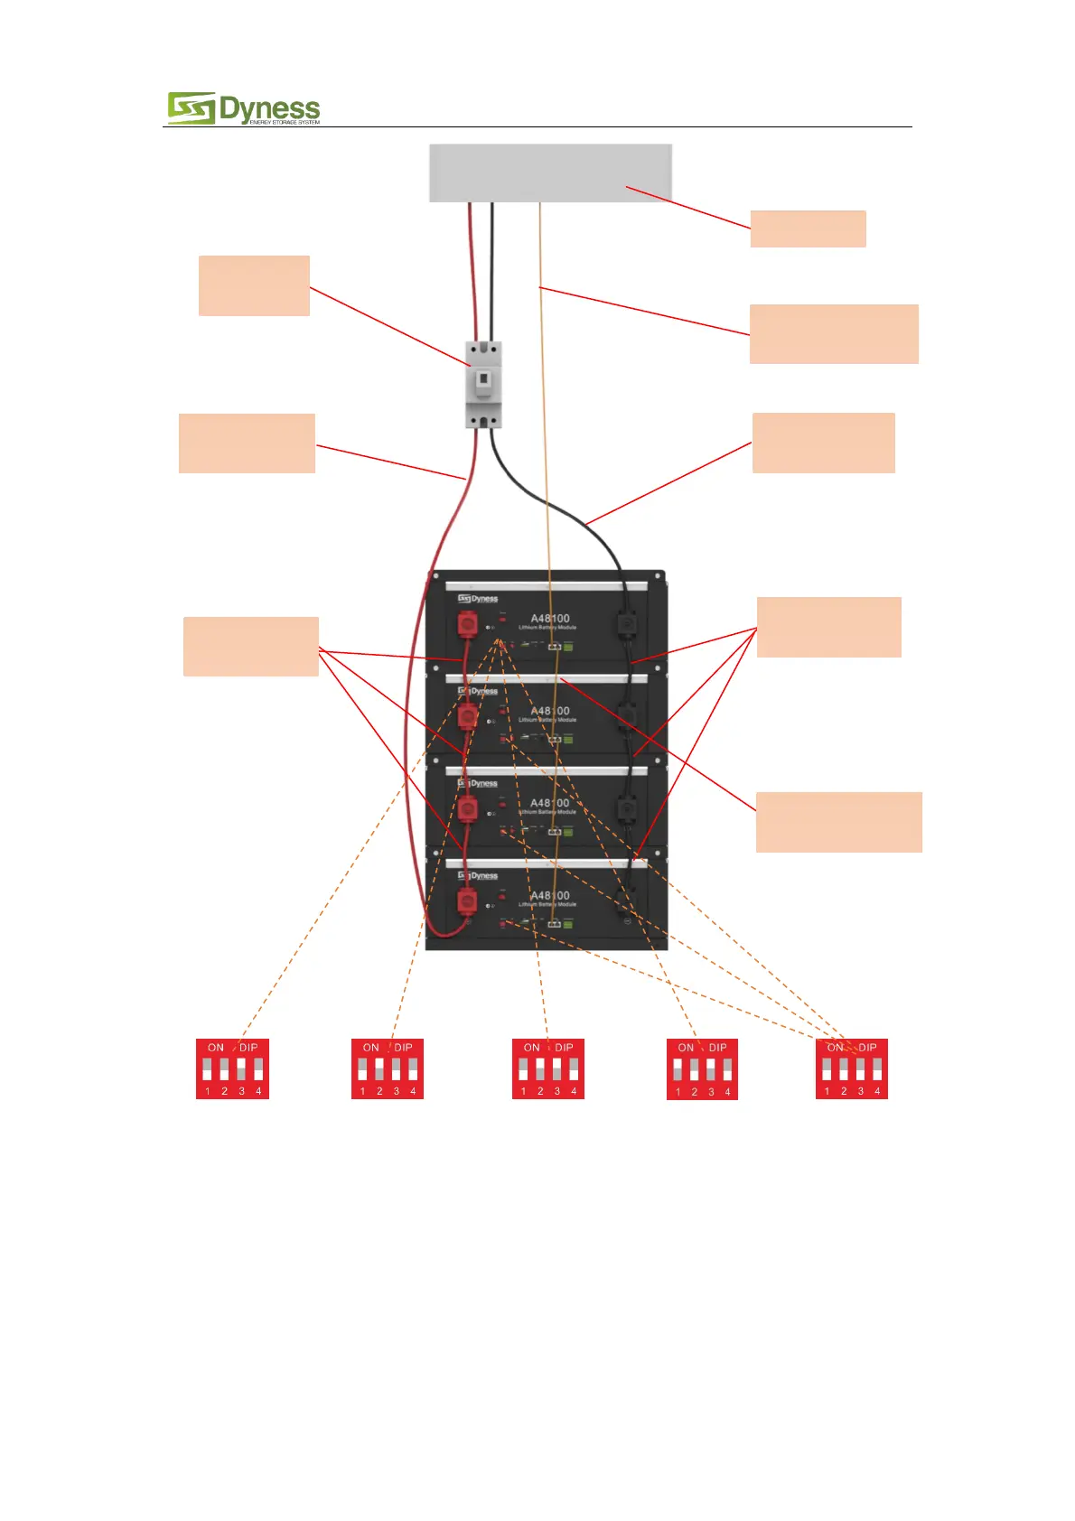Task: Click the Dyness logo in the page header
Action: [243, 108]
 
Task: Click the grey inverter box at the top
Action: [550, 173]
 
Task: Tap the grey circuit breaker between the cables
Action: [483, 384]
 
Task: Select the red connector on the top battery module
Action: [467, 622]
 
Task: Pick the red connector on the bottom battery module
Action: [467, 900]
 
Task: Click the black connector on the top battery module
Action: [626, 622]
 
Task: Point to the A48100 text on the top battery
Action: [550, 619]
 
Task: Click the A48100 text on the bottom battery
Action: [550, 895]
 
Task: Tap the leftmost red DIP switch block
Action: [233, 1068]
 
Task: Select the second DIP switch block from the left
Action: [388, 1068]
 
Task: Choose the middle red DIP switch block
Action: [548, 1068]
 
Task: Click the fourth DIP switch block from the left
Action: [702, 1069]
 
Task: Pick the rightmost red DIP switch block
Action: [852, 1068]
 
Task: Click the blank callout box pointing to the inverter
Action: [808, 229]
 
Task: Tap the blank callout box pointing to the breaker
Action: [254, 285]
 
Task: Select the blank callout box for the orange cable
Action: [834, 334]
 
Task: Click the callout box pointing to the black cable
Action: [823, 443]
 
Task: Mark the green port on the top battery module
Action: [568, 647]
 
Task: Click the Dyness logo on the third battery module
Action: [478, 783]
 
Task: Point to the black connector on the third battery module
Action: [626, 807]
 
